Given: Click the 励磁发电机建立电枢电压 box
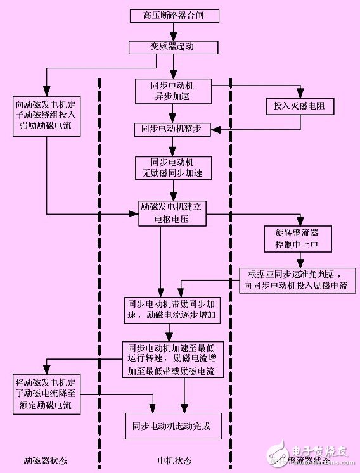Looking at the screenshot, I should pyautogui.click(x=174, y=213).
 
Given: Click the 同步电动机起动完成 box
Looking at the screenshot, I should pyautogui.click(x=173, y=426).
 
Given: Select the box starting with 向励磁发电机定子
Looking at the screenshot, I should pyautogui.click(x=47, y=115).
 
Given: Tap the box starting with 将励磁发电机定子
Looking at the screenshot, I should pyautogui.click(x=47, y=393).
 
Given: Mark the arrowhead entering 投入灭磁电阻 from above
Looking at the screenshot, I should pyautogui.click(x=303, y=96).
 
